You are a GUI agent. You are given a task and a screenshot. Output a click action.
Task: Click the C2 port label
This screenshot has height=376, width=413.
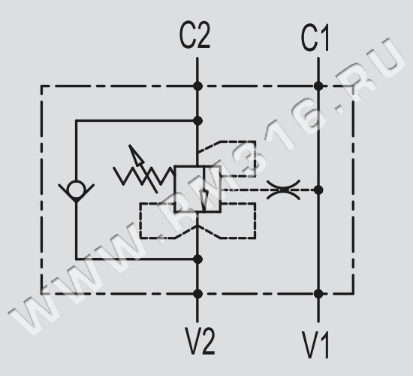tap(194, 35)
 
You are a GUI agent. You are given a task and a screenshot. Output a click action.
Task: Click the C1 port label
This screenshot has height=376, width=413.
tap(315, 38)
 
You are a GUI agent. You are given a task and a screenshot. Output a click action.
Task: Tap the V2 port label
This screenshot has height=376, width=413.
tap(200, 341)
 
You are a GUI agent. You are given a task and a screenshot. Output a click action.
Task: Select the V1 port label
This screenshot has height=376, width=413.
tap(315, 344)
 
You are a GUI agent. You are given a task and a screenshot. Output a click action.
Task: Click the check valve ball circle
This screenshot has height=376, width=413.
tap(76, 189)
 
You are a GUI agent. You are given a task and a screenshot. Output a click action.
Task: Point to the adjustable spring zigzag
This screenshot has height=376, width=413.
tap(144, 175)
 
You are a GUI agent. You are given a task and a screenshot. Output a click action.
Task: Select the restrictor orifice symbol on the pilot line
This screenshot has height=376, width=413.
tap(283, 190)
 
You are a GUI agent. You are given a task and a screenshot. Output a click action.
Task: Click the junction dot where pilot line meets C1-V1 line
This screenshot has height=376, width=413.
tap(318, 190)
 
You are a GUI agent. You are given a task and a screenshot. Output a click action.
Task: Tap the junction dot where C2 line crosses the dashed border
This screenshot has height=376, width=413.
tap(197, 86)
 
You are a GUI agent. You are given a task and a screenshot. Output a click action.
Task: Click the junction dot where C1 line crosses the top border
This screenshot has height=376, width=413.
tap(318, 86)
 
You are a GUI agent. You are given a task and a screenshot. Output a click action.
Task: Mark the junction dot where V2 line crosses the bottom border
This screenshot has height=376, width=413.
tap(197, 294)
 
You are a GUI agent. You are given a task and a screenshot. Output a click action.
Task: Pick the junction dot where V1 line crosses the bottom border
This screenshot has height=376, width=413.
tap(318, 294)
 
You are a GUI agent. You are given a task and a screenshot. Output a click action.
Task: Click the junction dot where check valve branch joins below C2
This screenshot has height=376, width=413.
tap(197, 121)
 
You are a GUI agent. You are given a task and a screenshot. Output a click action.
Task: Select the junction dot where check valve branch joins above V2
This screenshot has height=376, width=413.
tap(197, 259)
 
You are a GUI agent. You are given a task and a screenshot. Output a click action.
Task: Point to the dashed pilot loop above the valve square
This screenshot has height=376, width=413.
tap(255, 159)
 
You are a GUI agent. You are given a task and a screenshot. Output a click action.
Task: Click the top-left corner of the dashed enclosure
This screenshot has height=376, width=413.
tap(41, 86)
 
